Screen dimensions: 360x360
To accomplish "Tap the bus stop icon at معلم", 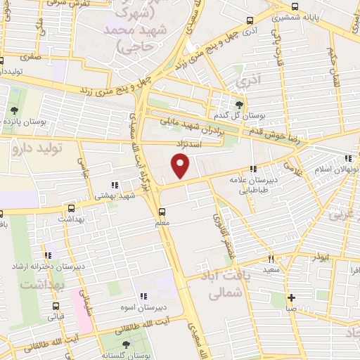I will tap(163, 212).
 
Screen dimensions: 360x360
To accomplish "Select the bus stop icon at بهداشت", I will tap(70, 208).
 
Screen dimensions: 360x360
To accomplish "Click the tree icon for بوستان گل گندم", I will tap(238, 105).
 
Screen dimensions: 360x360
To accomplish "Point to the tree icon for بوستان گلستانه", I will tap(126, 344).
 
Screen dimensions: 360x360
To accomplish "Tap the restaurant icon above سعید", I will tap(272, 259).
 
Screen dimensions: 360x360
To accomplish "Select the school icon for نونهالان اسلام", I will tap(348, 157).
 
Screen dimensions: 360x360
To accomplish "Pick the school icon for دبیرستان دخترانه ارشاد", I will tap(48, 255).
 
